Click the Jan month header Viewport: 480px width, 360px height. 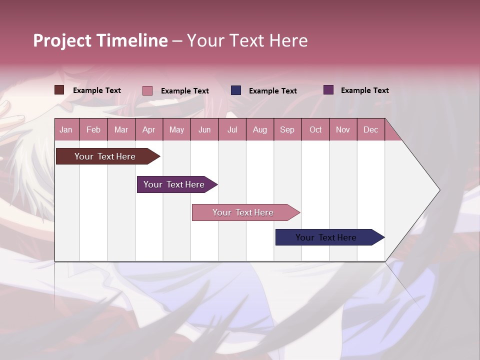(x=66, y=129)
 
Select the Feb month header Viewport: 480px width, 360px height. (x=93, y=129)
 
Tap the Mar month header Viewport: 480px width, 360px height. (x=121, y=129)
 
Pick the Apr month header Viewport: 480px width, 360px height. (x=149, y=129)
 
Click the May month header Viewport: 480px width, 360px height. (x=176, y=129)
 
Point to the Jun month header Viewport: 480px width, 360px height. (x=204, y=129)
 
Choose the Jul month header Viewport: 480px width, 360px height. (x=232, y=129)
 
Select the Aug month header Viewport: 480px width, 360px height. (x=260, y=129)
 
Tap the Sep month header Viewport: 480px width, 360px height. (x=287, y=129)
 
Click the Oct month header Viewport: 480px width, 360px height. (x=315, y=129)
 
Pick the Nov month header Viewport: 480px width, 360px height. (x=343, y=129)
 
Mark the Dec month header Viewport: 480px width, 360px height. (x=370, y=129)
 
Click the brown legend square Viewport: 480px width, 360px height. (x=59, y=90)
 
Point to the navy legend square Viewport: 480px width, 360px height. (x=236, y=90)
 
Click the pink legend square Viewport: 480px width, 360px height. (x=147, y=90)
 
